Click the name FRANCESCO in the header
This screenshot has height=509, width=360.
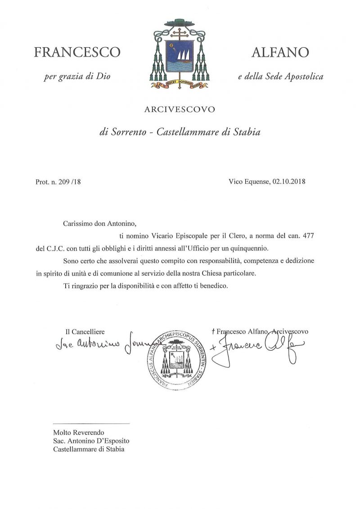click(77, 53)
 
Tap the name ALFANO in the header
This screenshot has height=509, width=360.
click(279, 53)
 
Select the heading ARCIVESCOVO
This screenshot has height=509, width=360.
click(180, 109)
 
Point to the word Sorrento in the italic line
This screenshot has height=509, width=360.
click(129, 133)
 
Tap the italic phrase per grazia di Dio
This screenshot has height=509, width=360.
click(77, 76)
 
